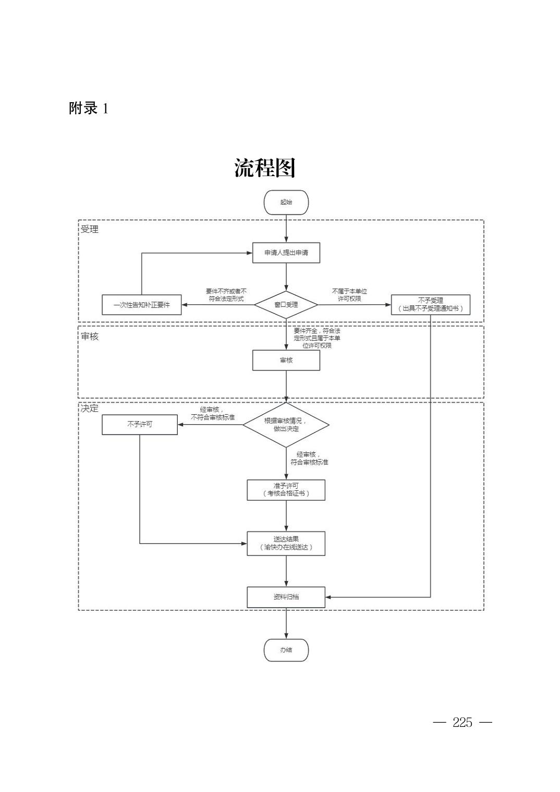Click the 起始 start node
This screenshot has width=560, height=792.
[x=286, y=202]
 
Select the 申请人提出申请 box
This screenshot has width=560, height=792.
[x=286, y=253]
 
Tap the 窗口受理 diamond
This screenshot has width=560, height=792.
[x=286, y=305]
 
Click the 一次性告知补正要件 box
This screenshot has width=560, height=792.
[x=142, y=305]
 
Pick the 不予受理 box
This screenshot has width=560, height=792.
[x=430, y=305]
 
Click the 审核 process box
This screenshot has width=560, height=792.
[x=286, y=360]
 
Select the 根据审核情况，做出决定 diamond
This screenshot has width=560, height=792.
[x=286, y=425]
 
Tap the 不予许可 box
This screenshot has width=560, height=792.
[x=140, y=424]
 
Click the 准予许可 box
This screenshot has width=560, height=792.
[x=286, y=490]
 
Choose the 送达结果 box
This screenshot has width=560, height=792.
[x=286, y=543]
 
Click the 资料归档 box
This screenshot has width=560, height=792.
[x=286, y=597]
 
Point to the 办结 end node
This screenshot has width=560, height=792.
[x=286, y=650]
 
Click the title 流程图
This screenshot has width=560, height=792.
[x=265, y=168]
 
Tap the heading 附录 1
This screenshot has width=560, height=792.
[x=89, y=108]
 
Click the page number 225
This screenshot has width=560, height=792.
[x=462, y=722]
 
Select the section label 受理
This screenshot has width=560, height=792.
[x=90, y=229]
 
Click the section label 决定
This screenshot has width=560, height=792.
[x=90, y=409]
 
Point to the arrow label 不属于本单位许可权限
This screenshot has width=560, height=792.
[x=349, y=295]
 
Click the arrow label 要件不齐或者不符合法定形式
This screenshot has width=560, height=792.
[x=226, y=295]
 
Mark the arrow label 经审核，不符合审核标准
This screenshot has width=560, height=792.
[x=212, y=414]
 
